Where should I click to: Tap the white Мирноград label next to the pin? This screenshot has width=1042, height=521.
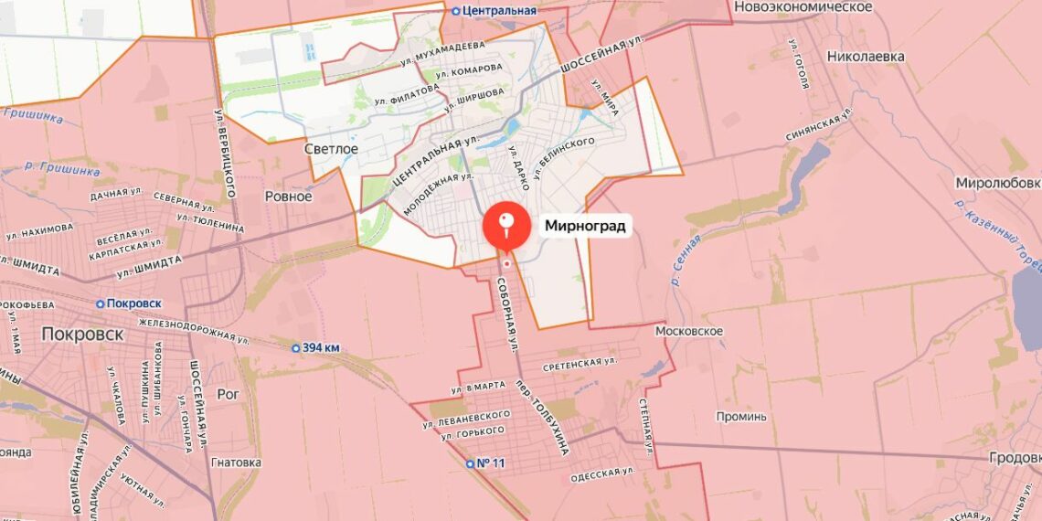[585, 226]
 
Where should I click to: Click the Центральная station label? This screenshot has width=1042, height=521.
[500, 11]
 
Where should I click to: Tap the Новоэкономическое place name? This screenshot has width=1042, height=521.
[803, 7]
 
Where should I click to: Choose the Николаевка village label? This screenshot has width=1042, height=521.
[865, 57]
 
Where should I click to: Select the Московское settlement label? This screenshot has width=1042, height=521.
[689, 331]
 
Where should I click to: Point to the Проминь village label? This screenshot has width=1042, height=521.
[741, 417]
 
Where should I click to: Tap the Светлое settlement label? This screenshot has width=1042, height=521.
[331, 148]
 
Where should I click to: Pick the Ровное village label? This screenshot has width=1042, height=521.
[288, 197]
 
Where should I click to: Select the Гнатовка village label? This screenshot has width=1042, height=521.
[236, 463]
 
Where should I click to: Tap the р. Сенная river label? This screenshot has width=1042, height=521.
[685, 260]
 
